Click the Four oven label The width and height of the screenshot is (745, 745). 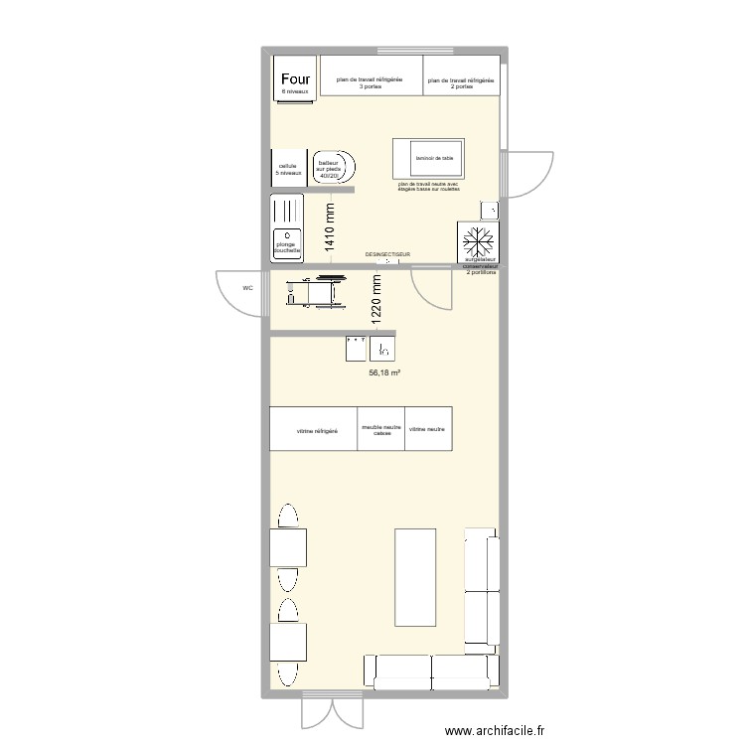click(x=295, y=79)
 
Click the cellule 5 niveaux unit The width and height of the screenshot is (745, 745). click(x=288, y=169)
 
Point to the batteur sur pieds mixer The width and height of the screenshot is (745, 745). click(x=331, y=169)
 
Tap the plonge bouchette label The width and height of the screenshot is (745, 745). click(x=288, y=247)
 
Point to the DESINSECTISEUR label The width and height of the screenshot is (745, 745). click(x=388, y=255)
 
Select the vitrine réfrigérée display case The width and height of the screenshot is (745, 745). click(x=316, y=430)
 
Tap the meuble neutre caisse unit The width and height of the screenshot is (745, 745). click(x=381, y=430)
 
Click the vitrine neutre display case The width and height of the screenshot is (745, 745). click(x=428, y=429)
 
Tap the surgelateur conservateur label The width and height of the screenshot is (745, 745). click(x=481, y=269)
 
